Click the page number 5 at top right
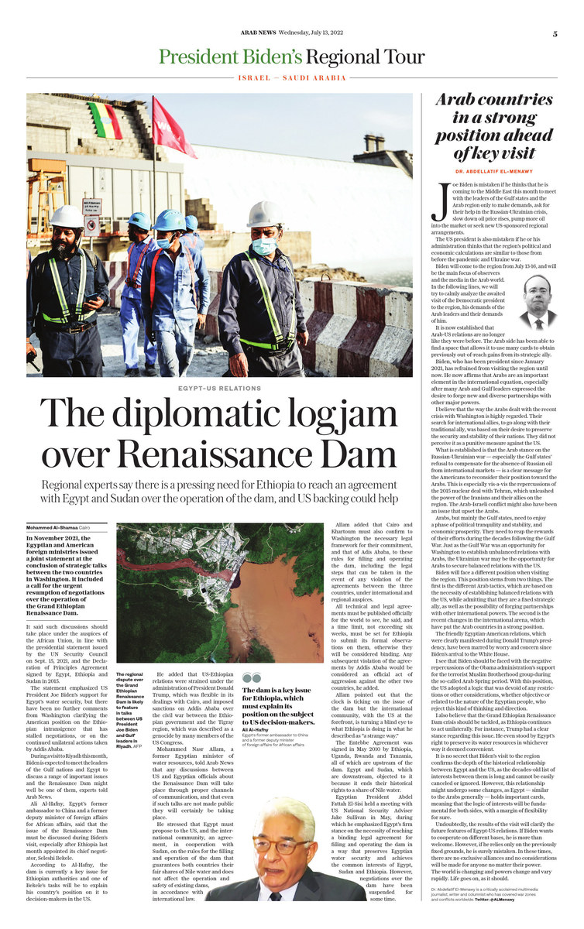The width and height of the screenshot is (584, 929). (555, 33)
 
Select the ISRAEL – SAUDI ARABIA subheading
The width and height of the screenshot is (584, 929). (292, 78)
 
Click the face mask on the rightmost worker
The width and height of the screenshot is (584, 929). (263, 245)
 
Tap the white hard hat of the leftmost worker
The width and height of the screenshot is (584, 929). (67, 216)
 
